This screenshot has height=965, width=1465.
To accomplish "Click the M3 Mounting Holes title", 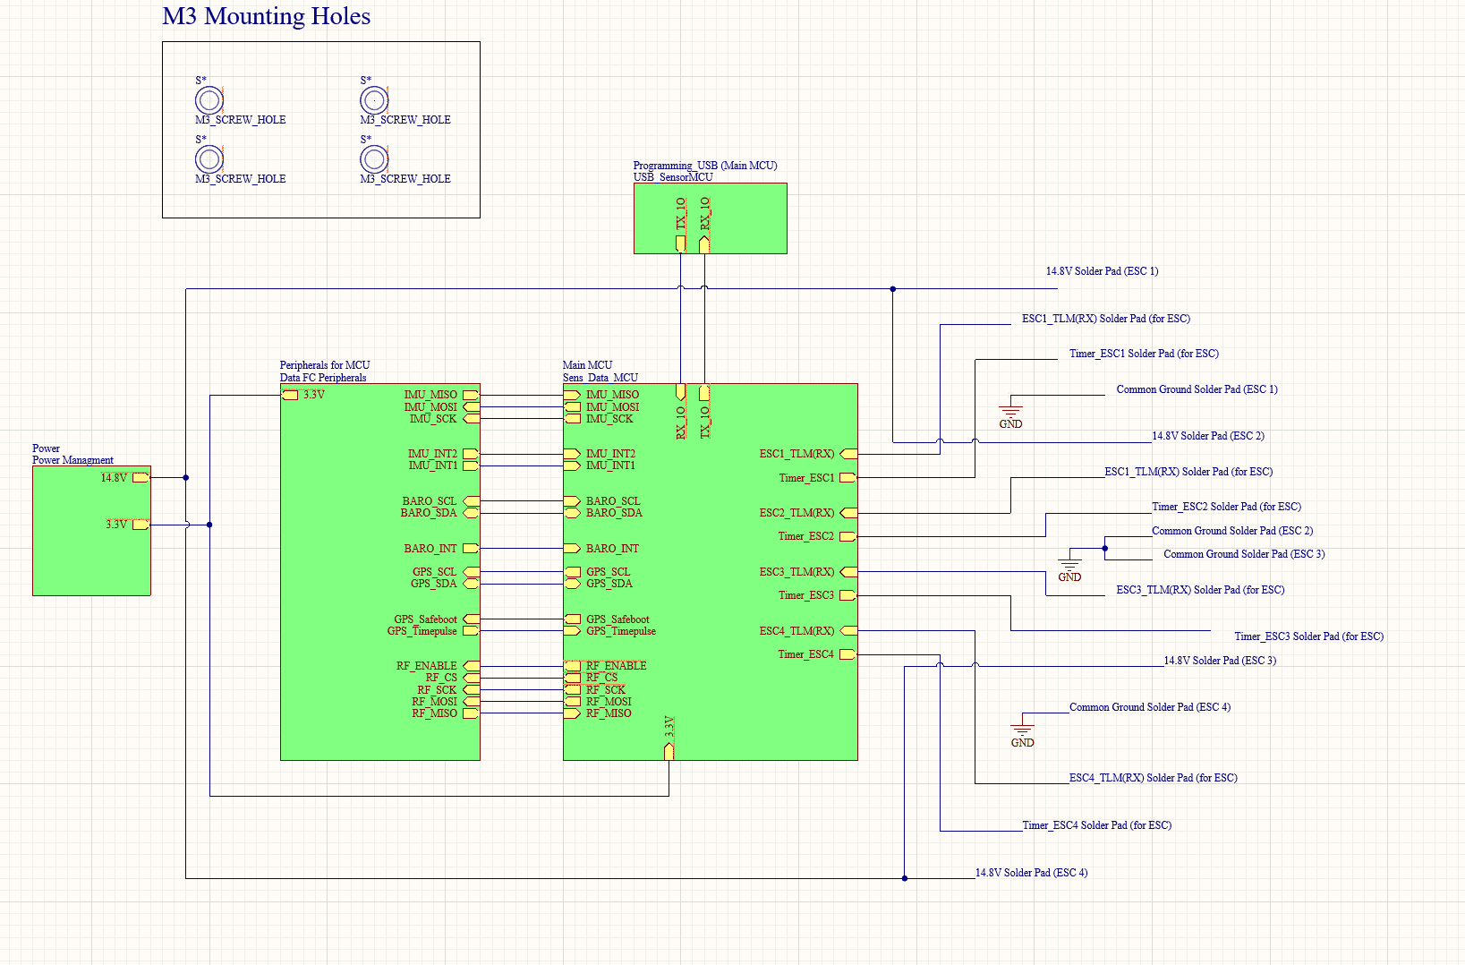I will (x=266, y=17).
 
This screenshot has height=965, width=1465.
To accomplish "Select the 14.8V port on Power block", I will (x=141, y=478).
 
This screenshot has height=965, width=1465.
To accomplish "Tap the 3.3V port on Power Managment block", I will (x=141, y=525).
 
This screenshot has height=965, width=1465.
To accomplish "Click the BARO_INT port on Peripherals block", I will (x=470, y=549).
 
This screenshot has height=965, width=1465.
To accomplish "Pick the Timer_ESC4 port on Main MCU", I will (x=847, y=654).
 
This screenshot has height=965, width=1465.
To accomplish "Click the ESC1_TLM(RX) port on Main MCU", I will (x=847, y=454).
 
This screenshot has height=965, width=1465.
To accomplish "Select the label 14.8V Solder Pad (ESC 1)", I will (x=1102, y=271).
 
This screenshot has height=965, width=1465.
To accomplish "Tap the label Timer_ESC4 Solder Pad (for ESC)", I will (x=1096, y=825).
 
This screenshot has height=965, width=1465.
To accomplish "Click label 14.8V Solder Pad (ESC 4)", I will (x=1031, y=873).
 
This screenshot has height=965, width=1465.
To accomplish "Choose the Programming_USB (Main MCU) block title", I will (x=704, y=166).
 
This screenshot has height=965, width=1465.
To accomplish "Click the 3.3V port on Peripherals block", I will (x=290, y=395).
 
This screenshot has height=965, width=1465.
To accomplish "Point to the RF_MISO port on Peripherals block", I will (x=470, y=713).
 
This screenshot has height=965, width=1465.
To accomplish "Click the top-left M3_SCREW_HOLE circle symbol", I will (x=209, y=100).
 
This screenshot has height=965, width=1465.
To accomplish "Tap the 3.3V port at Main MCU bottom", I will (x=669, y=750).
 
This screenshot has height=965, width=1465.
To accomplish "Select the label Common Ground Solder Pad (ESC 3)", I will (x=1243, y=554).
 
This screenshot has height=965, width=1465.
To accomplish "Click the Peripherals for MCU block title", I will (x=324, y=365).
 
